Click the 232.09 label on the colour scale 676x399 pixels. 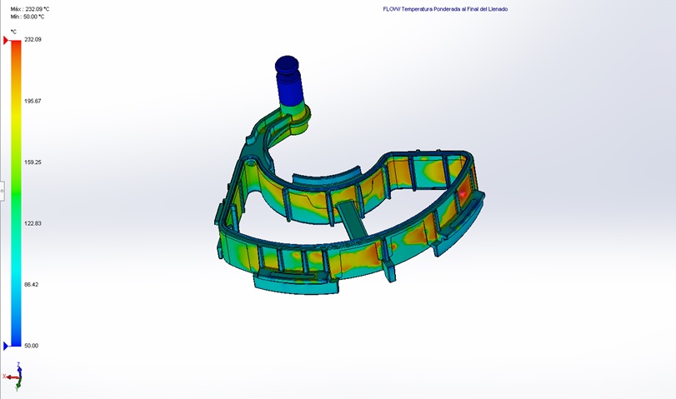(33, 39)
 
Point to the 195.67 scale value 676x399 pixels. (33, 101)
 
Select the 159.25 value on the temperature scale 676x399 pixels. (33, 162)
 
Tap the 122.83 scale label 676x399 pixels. (33, 223)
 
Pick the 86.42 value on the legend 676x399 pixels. (32, 284)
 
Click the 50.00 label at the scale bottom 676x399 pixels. (31, 346)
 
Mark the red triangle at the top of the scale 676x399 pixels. (7, 40)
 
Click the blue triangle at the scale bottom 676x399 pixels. (7, 346)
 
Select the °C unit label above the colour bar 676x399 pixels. (13, 31)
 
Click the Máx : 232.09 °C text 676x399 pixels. (31, 8)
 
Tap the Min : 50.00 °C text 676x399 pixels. (29, 16)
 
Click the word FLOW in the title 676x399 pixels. (390, 9)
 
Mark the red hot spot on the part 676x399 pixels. (463, 192)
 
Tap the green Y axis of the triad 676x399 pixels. (18, 385)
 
